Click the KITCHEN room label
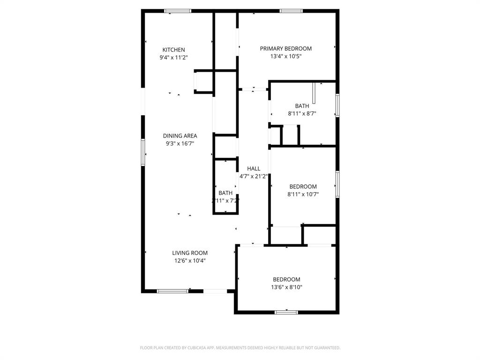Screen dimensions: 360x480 tap(173, 50)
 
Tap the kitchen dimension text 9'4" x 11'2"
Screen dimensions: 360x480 tap(173, 57)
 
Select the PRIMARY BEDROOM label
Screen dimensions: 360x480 tap(285, 48)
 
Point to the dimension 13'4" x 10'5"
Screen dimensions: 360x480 tap(285, 56)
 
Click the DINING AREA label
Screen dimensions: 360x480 tap(180, 136)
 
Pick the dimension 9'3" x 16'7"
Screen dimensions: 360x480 tap(180, 143)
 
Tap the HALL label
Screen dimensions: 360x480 tap(254, 169)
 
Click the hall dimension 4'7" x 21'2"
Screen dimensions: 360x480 tap(254, 177)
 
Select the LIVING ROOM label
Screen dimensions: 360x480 tap(190, 253)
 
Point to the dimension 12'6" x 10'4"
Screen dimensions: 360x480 tap(190, 261)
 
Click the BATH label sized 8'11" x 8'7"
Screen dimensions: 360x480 tap(302, 106)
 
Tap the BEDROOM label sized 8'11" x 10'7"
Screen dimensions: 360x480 tap(303, 187)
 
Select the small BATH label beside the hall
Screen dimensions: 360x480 tap(225, 193)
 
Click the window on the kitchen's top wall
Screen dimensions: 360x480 tap(178, 11)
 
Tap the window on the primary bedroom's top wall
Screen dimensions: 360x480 tap(291, 11)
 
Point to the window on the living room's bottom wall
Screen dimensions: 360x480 tap(172, 291)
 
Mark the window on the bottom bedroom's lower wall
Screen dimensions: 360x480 tap(286, 312)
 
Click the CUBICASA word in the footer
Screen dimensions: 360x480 tap(193, 348)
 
